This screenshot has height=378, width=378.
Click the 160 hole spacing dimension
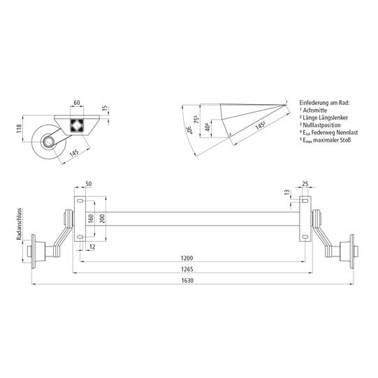(x=90, y=219)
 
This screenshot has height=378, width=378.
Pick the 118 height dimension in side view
(x=20, y=131)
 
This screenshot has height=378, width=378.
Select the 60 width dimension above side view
(x=75, y=103)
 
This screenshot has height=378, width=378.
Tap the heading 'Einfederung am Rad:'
(x=324, y=102)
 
